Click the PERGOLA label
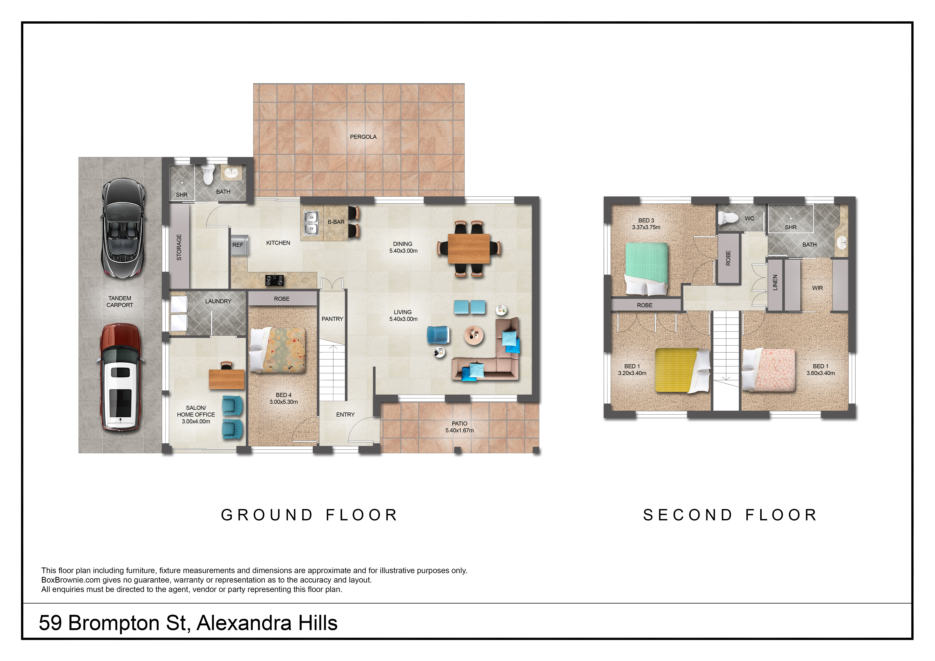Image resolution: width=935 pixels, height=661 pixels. pos(363,137)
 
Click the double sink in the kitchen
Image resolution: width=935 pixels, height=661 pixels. pos(312,223)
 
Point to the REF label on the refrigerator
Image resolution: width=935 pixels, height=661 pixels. pos(238,245)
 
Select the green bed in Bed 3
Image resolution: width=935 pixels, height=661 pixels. pos(646,269)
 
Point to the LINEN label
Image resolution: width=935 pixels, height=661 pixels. pos(775,282)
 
